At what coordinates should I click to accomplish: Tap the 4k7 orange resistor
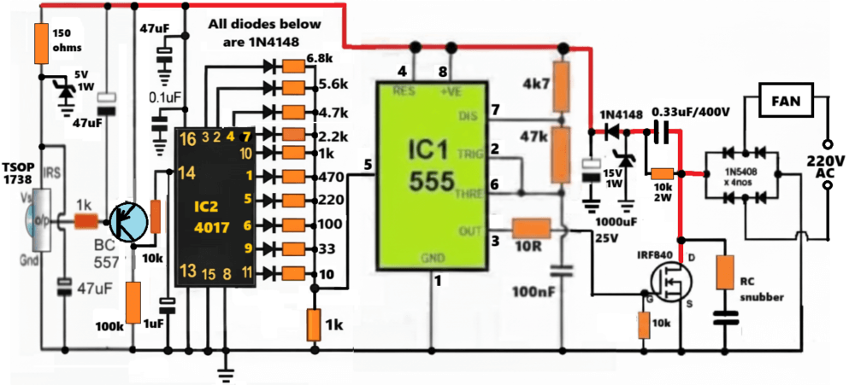pos(561,85)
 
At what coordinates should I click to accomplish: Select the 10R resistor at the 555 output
pos(530,228)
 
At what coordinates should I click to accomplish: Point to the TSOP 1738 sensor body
pos(38,220)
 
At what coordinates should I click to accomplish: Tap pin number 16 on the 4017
pos(186,137)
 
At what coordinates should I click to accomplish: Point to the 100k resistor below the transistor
pos(133,302)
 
